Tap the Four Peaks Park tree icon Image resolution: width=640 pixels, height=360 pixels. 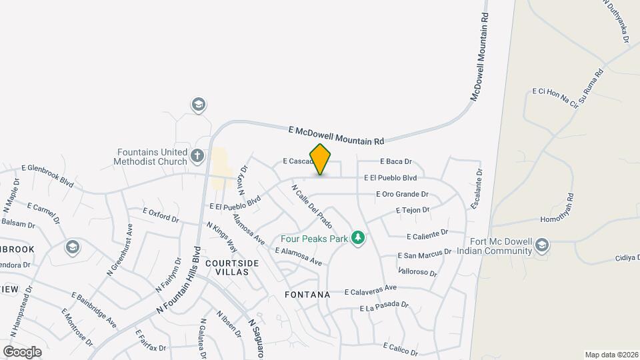coord(358,237)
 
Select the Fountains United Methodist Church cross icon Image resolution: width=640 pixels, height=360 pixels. coord(197,156)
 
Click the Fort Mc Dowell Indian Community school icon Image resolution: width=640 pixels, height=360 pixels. coord(542,246)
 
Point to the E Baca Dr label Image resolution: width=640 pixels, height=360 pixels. coord(397,161)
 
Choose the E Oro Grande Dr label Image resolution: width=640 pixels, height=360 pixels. coord(402,195)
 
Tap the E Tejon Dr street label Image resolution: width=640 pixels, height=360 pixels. coord(413,210)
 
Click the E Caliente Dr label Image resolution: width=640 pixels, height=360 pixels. coord(427,235)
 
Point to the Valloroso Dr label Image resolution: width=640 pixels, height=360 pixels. coord(417,273)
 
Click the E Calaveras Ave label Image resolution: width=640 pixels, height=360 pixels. coord(371,290)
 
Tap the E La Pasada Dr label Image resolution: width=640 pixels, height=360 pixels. coord(383,307)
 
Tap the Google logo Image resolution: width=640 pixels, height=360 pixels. coord(22,351)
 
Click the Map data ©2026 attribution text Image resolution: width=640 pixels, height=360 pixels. coord(611,355)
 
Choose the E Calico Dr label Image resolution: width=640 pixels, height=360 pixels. coord(401,349)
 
